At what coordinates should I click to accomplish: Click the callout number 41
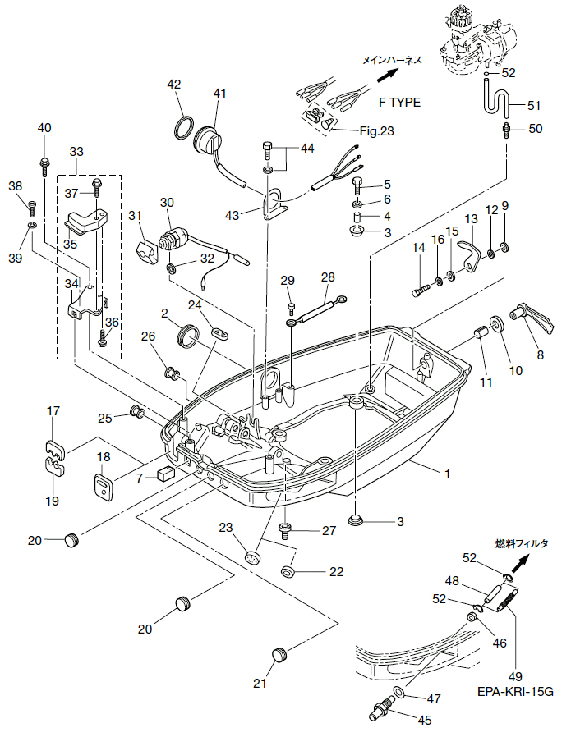pyautogui.click(x=219, y=94)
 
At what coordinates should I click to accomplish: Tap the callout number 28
pyautogui.click(x=328, y=277)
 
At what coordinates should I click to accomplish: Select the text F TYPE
pyautogui.click(x=399, y=103)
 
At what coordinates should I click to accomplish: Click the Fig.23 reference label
pyautogui.click(x=377, y=131)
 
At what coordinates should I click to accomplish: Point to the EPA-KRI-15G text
pyautogui.click(x=515, y=692)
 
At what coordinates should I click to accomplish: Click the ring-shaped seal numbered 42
pyautogui.click(x=184, y=127)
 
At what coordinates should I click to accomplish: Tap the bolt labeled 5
pyautogui.click(x=358, y=187)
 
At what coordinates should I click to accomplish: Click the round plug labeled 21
pyautogui.click(x=279, y=654)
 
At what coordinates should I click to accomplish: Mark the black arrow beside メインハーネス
pyautogui.click(x=388, y=75)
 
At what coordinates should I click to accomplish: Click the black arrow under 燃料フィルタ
pyautogui.click(x=520, y=563)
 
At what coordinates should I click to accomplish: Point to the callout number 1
pyautogui.click(x=447, y=474)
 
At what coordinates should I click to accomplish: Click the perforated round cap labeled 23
pyautogui.click(x=252, y=557)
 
